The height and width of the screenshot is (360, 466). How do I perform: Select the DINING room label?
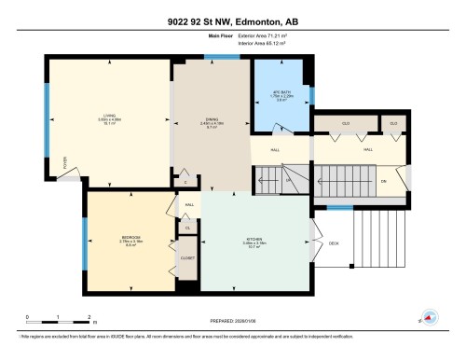[212, 119]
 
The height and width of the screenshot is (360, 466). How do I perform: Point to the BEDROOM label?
[130, 238]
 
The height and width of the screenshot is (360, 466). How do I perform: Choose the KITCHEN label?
[255, 239]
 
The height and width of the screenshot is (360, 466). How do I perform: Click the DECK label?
[333, 243]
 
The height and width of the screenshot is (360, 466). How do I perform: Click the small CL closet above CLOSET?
[187, 228]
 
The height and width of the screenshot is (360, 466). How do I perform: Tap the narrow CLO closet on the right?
[393, 122]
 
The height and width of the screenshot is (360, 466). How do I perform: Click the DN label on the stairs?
[383, 181]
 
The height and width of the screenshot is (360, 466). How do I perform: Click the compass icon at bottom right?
[430, 316]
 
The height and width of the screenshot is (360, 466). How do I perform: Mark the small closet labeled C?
[185, 170]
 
